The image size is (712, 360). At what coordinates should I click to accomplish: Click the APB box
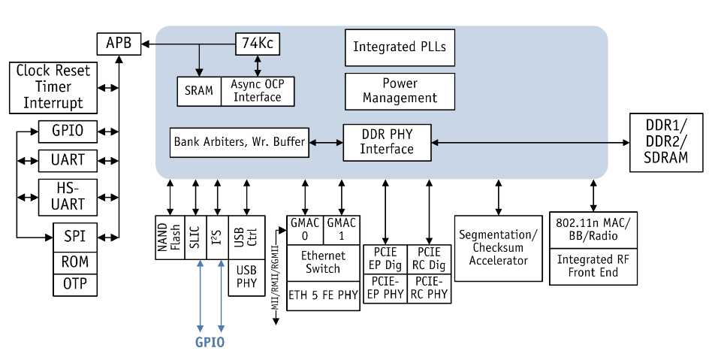point(118,44)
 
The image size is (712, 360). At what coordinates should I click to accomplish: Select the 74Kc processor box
point(258,44)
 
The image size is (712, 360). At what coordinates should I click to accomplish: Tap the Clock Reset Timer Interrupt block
point(53,87)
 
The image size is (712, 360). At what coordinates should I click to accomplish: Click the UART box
point(68,160)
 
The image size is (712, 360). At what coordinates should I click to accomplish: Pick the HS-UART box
point(68,195)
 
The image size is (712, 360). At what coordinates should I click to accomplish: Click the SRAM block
point(199,91)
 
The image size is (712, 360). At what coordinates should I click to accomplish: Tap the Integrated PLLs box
point(400,47)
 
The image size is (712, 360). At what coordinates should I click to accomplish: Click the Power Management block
point(400,90)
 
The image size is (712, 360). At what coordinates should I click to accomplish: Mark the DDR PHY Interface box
point(387,142)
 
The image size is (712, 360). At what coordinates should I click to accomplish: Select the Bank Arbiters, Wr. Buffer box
point(240,142)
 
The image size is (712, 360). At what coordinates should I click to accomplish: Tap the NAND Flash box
point(170,237)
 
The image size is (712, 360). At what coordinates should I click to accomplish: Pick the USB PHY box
point(246,277)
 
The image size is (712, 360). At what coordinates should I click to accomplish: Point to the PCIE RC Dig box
point(430,259)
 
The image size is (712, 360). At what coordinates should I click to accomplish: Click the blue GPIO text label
point(210,343)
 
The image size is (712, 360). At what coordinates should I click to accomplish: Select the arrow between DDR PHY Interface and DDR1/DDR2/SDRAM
point(530,142)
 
